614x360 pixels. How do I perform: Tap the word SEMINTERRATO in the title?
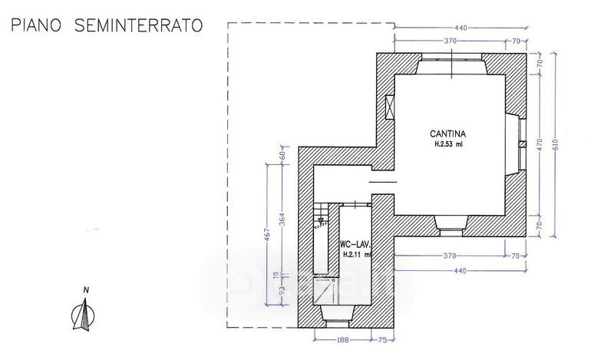pyautogui.click(x=139, y=26)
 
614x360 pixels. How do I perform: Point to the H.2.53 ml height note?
pyautogui.click(x=448, y=143)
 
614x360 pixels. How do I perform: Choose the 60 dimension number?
pyautogui.click(x=282, y=156)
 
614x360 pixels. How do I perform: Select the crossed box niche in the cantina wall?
pyautogui.click(x=388, y=108)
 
